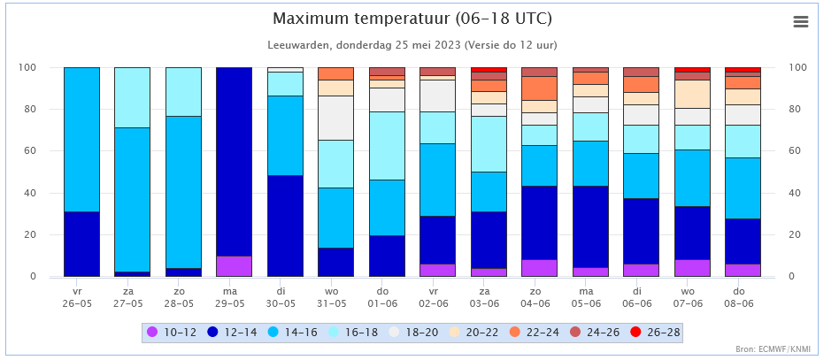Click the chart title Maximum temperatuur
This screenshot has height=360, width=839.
click(x=412, y=19)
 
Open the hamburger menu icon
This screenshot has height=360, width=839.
click(x=801, y=22)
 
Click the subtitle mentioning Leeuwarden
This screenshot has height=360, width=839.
click(x=412, y=44)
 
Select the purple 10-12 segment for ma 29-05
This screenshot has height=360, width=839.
click(x=234, y=266)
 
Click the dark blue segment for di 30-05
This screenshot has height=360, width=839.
click(x=285, y=226)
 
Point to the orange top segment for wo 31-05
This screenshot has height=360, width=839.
click(x=335, y=73)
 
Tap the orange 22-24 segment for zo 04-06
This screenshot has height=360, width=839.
click(x=539, y=88)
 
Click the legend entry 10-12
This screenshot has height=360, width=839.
click(x=173, y=333)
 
